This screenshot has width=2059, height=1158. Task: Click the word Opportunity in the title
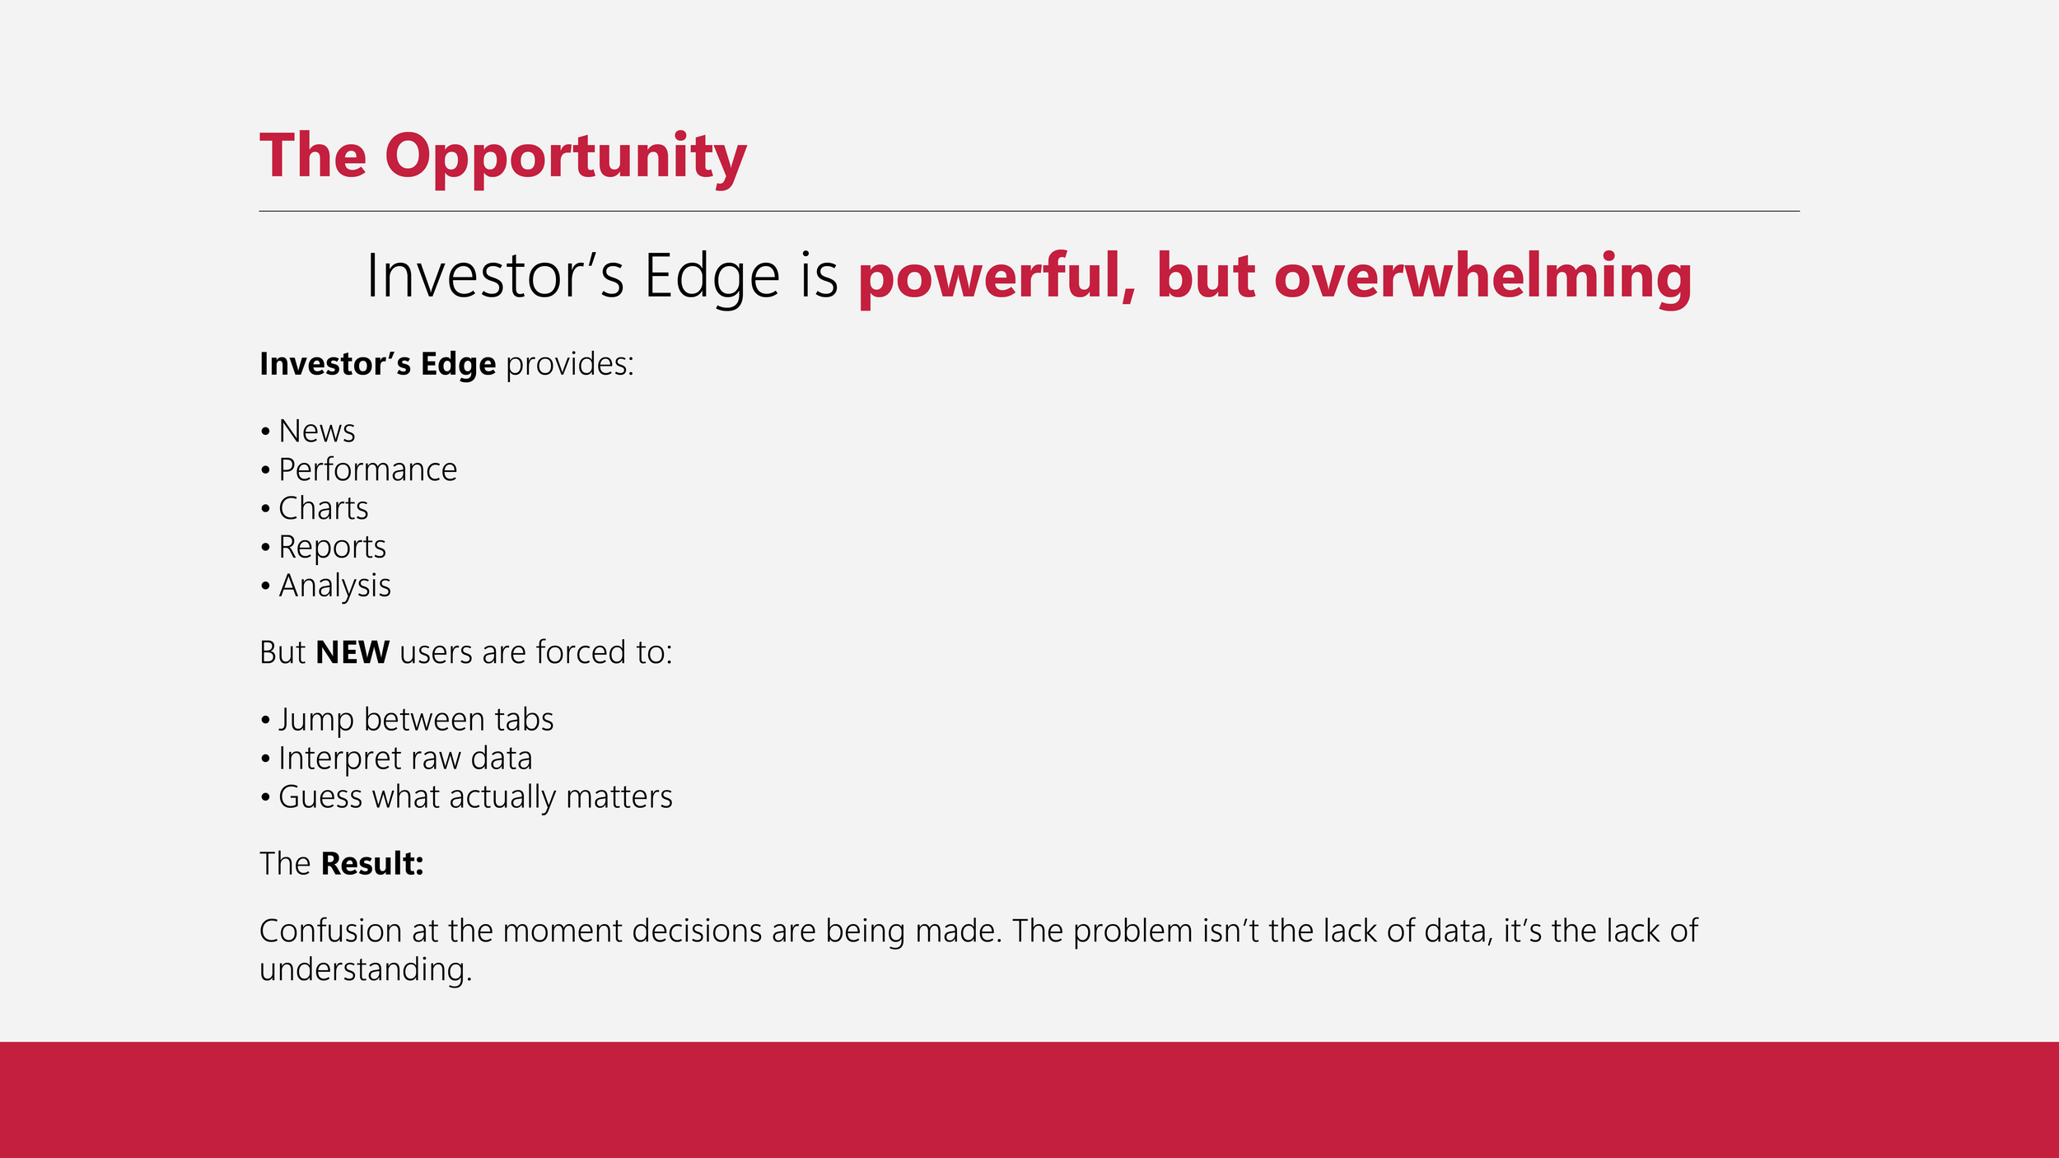point(566,158)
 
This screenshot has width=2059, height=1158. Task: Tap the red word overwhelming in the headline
point(1482,278)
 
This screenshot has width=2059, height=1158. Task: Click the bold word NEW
point(353,652)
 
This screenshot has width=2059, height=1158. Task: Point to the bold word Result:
point(372,864)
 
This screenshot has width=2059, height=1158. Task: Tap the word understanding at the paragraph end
point(366,970)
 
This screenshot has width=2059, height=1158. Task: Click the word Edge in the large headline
point(712,277)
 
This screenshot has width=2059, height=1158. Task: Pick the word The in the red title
point(313,156)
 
